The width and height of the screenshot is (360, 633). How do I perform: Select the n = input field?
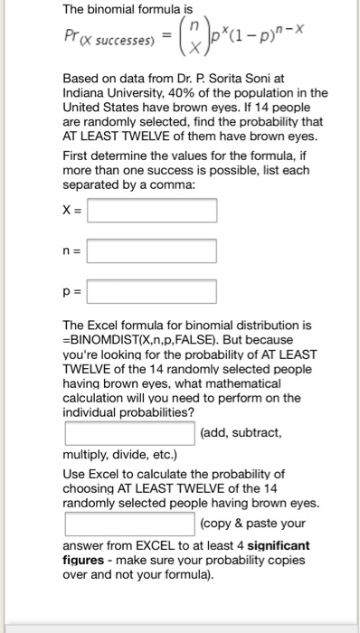click(x=152, y=250)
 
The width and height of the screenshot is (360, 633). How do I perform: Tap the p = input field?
click(x=152, y=291)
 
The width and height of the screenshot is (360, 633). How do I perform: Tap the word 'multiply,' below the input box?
click(x=88, y=453)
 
